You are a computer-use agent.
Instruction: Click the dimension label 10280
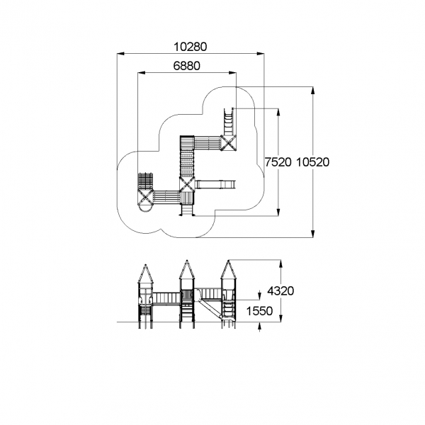pos(190,47)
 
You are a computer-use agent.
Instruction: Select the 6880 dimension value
pos(187,66)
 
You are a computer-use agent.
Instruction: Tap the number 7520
pos(278,162)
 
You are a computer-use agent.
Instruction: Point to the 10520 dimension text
pos(312,162)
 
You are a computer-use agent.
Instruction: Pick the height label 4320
pos(280,291)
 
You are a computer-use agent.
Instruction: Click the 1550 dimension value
pos(259,311)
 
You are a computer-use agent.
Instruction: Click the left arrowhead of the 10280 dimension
pos(121,54)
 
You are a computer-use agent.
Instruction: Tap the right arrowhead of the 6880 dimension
pos(232,73)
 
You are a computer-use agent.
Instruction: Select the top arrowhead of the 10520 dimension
pos(313,91)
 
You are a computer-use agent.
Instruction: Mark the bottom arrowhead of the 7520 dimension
pos(278,212)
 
